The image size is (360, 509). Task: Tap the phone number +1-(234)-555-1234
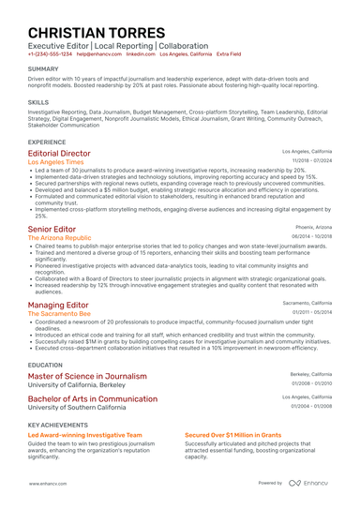click(x=49, y=54)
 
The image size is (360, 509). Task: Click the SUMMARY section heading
click(x=42, y=69)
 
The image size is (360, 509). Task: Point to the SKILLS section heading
click(x=38, y=100)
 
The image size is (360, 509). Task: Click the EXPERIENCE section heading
click(x=47, y=141)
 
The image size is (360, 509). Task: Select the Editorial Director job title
click(x=60, y=152)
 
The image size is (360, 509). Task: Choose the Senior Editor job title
click(x=53, y=229)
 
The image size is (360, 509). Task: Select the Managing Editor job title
click(x=59, y=306)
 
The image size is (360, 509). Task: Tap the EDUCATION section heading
click(x=45, y=364)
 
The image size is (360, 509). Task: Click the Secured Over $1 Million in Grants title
click(x=232, y=436)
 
